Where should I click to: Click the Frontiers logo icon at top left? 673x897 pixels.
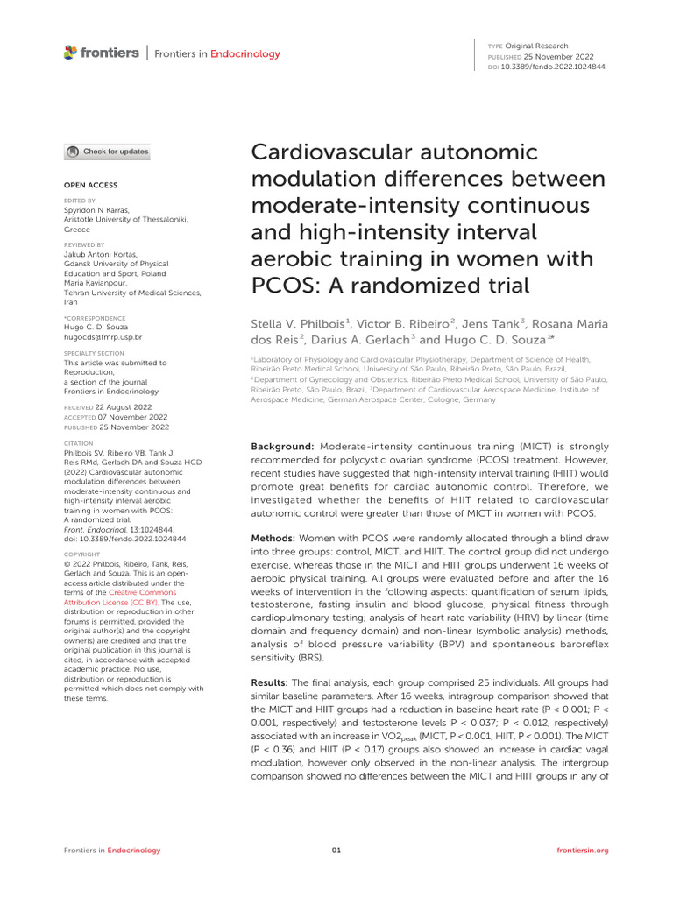[x=70, y=53]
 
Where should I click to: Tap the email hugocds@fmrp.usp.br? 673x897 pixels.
[x=103, y=336]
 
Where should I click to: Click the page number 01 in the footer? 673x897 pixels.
[x=336, y=850]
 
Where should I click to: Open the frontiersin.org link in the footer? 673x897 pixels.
[x=583, y=850]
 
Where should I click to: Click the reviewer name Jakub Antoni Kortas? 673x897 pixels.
[x=102, y=254]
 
